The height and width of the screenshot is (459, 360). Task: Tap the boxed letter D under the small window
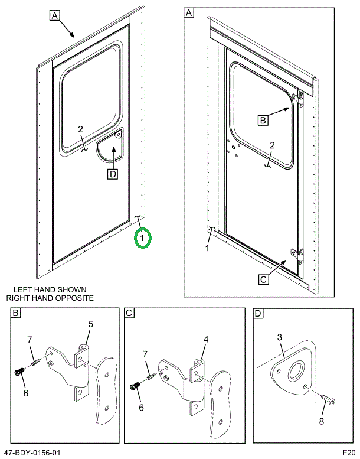click(112, 173)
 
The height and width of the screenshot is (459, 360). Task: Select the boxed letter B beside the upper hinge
click(263, 120)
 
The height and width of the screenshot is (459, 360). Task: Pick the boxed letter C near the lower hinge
click(264, 278)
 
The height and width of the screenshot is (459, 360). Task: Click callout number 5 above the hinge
click(91, 324)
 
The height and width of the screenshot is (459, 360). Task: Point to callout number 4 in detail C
click(206, 339)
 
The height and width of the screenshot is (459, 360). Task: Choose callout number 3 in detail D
click(280, 337)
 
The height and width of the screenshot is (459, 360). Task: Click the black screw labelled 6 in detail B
click(19, 372)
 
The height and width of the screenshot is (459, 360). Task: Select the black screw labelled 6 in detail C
click(133, 386)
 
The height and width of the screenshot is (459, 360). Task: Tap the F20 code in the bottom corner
click(349, 453)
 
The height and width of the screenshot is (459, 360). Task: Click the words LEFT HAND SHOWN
click(50, 290)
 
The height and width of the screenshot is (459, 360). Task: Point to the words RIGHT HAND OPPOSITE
click(50, 298)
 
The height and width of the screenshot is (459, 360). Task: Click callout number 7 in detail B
click(29, 339)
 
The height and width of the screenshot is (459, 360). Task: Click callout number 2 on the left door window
click(81, 130)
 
